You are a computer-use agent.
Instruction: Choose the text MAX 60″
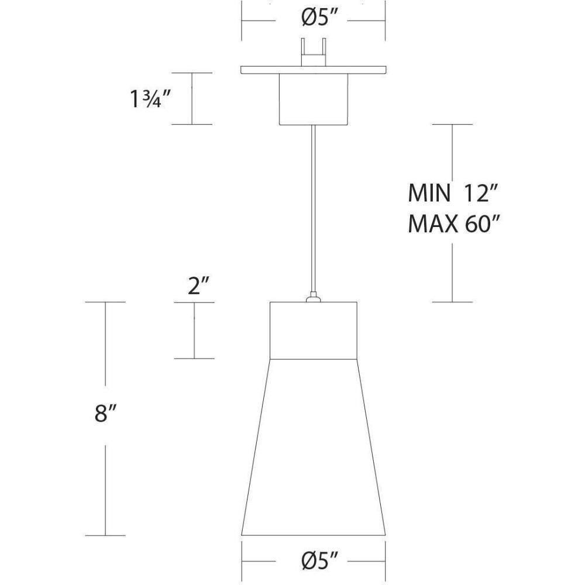click(453, 223)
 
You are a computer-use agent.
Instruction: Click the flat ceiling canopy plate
click(314, 70)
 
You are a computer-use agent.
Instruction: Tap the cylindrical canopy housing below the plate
click(314, 99)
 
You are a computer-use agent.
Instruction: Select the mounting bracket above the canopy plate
click(314, 52)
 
